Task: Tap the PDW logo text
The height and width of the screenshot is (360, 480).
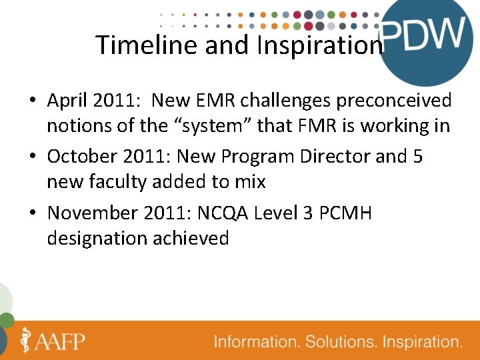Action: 423,33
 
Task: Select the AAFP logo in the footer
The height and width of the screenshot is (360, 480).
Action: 53,341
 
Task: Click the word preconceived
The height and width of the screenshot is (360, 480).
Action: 394,101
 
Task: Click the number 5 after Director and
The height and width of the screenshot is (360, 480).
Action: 417,157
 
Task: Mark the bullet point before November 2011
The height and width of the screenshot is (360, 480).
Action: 32,214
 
